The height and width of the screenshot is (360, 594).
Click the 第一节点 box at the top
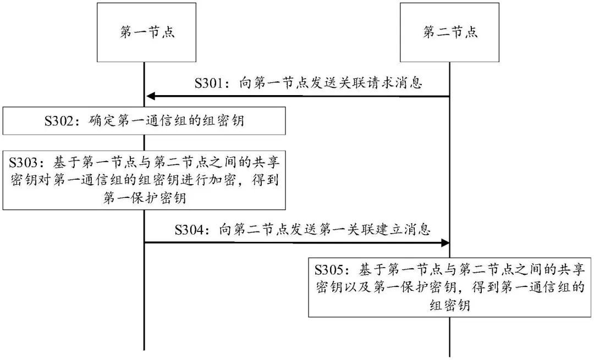click(x=147, y=32)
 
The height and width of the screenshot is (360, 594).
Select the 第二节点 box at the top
click(x=449, y=32)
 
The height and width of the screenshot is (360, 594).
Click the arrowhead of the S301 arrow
click(x=150, y=97)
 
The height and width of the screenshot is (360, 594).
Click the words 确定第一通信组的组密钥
click(x=166, y=121)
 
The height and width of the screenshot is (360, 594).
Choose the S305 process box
click(x=450, y=287)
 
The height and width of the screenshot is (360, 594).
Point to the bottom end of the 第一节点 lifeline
click(x=144, y=348)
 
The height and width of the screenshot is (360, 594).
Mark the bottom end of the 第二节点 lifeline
click(x=450, y=355)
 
